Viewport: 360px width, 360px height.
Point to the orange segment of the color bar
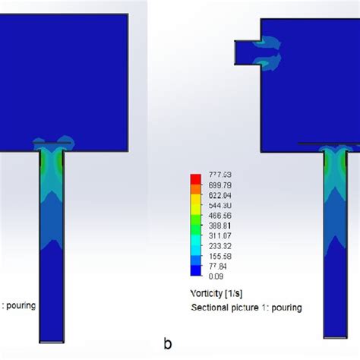click(195, 190)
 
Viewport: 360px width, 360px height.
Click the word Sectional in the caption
click(209, 308)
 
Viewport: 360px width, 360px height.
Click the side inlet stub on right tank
click(247, 52)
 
